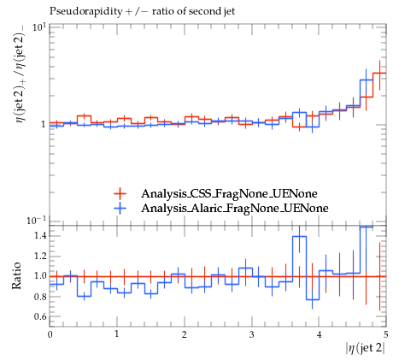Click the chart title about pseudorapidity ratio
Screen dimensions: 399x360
point(143,11)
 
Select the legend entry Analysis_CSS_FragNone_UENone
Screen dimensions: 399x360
point(229,194)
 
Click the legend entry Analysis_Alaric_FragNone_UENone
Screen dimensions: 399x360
point(235,208)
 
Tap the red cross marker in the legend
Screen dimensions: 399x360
point(120,194)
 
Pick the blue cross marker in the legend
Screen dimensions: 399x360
point(120,208)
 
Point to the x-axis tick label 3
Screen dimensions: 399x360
point(251,334)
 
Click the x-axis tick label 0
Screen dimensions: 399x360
point(50,334)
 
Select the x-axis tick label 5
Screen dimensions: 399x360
point(386,334)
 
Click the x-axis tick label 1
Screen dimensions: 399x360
point(117,334)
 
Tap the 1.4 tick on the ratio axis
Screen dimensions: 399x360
point(40,236)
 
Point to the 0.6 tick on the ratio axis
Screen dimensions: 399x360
point(40,316)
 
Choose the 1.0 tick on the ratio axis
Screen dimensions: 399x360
point(40,276)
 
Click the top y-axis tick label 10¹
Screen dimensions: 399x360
point(39,28)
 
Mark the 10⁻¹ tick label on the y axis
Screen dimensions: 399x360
point(37,221)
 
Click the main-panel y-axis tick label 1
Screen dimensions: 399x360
point(44,124)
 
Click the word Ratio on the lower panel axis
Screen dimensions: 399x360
point(16,275)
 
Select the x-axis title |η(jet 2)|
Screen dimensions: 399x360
point(365,348)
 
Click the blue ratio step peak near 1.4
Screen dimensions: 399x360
point(299,236)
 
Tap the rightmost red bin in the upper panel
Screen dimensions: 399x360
point(379,74)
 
